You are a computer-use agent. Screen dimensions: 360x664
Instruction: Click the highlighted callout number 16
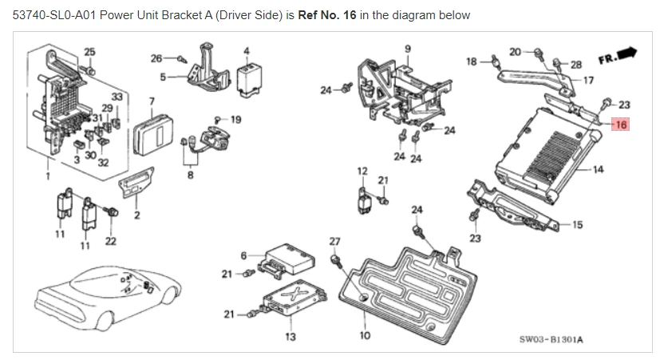tap(621, 125)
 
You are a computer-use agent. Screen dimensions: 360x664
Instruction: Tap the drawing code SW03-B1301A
tap(551, 339)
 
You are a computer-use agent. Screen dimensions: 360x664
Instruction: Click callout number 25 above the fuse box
tap(89, 52)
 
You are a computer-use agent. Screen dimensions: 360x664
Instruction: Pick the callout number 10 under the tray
tap(365, 336)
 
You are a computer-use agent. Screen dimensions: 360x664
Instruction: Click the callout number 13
tap(290, 337)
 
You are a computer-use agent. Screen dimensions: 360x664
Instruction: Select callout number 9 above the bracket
tap(408, 49)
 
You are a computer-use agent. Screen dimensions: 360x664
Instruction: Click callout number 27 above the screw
tap(334, 242)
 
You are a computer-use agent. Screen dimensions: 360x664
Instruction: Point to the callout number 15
tap(577, 224)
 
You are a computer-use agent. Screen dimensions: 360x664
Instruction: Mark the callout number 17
tap(588, 80)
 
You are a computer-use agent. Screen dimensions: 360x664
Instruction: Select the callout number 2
tap(137, 216)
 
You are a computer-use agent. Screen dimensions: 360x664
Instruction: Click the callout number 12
tap(362, 172)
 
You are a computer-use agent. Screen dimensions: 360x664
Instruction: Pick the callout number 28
tap(576, 63)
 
